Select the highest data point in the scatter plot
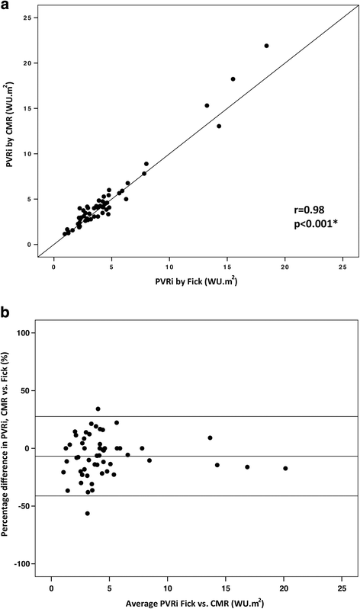pos(266,46)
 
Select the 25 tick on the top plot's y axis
pos(26,18)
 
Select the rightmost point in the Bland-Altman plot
pos(285,468)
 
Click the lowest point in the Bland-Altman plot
pos(88,514)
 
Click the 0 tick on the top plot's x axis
pos(54,268)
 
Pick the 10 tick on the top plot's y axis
pos(26,154)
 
